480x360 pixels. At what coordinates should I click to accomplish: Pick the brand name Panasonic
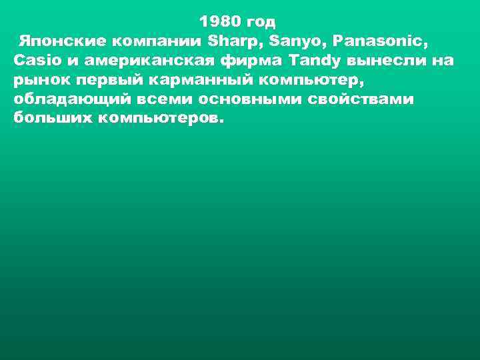point(382,41)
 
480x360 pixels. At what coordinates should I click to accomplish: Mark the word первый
point(101,80)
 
